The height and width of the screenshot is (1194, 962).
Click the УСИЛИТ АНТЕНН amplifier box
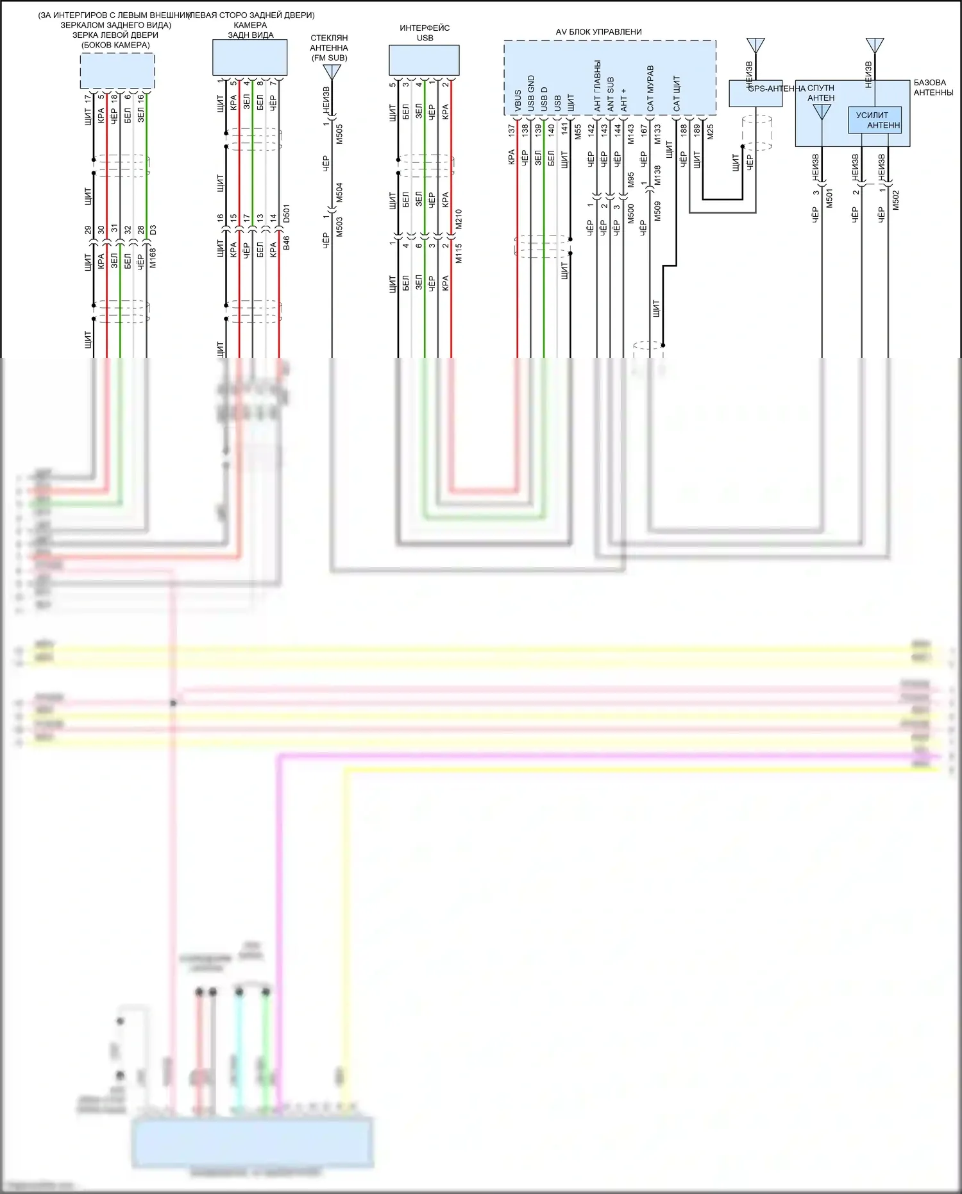point(875,120)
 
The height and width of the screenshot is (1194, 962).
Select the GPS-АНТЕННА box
point(755,94)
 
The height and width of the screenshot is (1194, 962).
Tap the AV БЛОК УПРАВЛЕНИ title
point(598,32)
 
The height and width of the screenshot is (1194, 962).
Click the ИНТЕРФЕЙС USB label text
point(425,33)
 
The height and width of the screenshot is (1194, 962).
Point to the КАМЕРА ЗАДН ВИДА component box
point(249,58)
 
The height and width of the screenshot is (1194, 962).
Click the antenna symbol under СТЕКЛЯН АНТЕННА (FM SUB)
point(332,71)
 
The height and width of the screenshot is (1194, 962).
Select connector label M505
point(339,134)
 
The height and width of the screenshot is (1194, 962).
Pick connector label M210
point(459,219)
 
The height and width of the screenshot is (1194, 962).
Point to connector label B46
point(287,243)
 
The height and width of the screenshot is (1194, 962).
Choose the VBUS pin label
point(518,101)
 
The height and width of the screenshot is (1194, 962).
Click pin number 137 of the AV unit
point(512,130)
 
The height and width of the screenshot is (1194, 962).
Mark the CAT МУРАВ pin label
point(650,88)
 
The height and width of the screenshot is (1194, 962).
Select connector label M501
point(829,198)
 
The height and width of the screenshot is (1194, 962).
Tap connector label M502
point(896,200)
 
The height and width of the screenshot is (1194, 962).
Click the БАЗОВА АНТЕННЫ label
point(933,87)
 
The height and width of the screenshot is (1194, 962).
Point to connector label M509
point(657,211)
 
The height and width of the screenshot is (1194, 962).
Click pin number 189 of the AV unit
point(697,130)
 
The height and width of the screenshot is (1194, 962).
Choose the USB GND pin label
point(531,94)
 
